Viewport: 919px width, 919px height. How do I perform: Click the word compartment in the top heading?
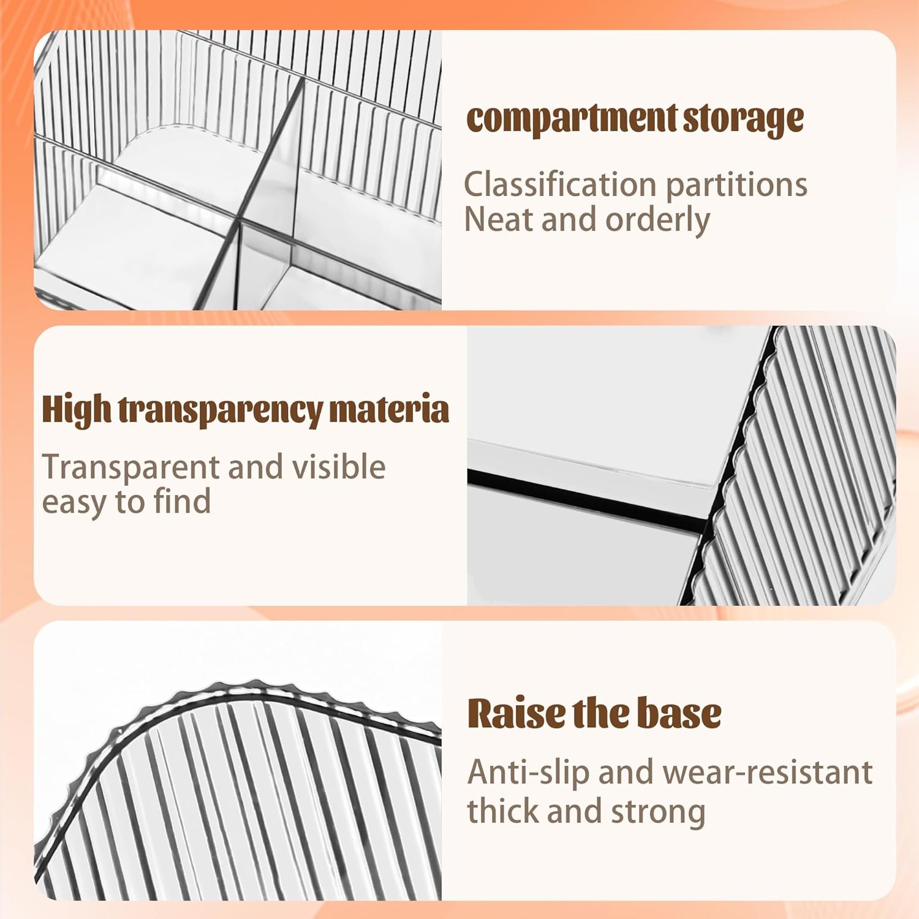(x=571, y=119)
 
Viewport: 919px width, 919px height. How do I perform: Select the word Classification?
(x=560, y=184)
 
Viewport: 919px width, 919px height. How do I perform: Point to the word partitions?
(x=736, y=185)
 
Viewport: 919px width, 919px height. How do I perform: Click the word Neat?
(x=499, y=219)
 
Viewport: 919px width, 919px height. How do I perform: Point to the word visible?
(x=338, y=467)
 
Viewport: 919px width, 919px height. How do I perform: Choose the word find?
(x=182, y=501)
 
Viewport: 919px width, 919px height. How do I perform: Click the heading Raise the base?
(x=594, y=713)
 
